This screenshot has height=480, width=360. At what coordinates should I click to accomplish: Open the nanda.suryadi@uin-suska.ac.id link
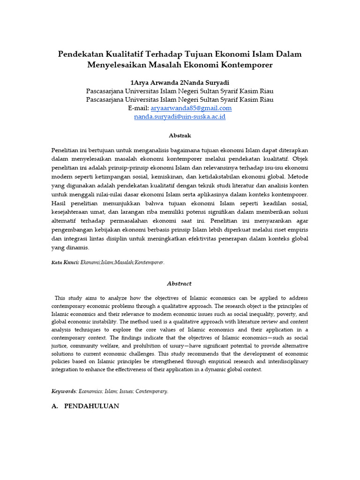(180, 116)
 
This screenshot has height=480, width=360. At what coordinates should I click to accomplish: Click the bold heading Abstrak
(180, 135)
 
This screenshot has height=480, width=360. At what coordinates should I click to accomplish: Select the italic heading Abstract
(180, 284)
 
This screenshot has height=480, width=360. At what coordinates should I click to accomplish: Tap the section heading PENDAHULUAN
(91, 406)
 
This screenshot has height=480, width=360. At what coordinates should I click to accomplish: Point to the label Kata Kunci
(65, 262)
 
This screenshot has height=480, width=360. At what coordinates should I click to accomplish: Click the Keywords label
(63, 391)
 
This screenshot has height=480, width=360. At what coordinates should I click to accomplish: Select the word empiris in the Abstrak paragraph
(297, 230)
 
